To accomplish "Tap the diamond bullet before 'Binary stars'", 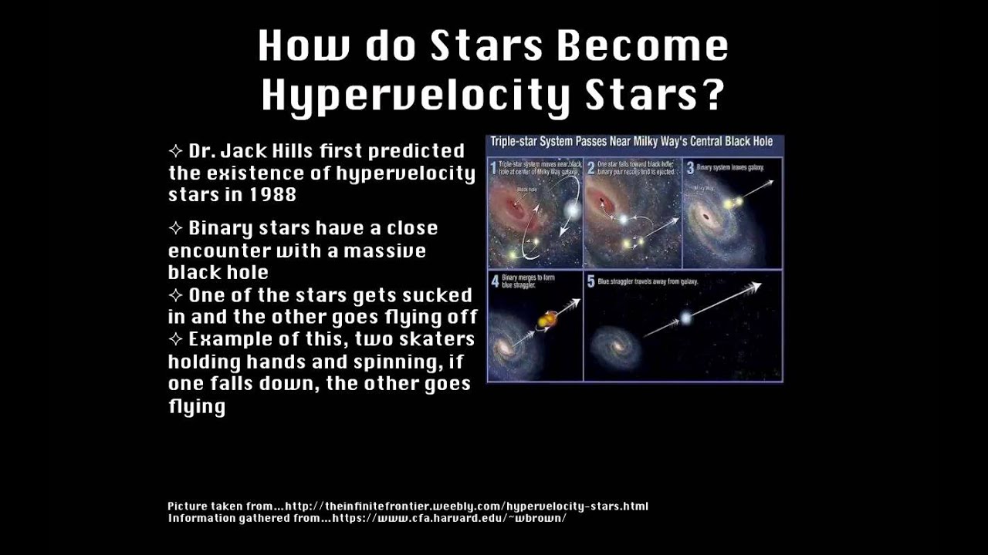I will [176, 228].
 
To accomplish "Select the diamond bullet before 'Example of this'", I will [176, 339].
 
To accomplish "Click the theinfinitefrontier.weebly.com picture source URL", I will [466, 506].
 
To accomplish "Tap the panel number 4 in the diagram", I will [494, 281].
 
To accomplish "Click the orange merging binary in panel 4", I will [546, 318].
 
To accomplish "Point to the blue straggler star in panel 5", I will [685, 317].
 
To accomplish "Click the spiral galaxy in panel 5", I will [615, 348].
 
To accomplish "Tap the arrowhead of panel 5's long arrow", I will [756, 287].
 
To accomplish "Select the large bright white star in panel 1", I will [571, 210].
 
